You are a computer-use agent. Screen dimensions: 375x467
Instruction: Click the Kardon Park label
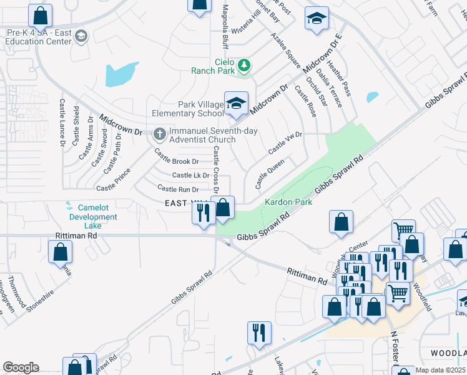pyautogui.click(x=288, y=202)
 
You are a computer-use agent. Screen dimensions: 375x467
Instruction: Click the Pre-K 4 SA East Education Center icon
pyautogui.click(x=81, y=37)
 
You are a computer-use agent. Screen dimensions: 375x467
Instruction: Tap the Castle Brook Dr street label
pyautogui.click(x=177, y=157)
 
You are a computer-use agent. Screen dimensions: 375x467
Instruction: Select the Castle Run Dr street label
pyautogui.click(x=178, y=189)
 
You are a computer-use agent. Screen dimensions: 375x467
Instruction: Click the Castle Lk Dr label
pyautogui.click(x=190, y=176)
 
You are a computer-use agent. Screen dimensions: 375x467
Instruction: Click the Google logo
pyautogui.click(x=21, y=367)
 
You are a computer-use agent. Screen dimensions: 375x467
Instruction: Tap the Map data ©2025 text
pyautogui.click(x=440, y=370)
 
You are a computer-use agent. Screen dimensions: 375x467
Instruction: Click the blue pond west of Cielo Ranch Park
pyautogui.click(x=122, y=74)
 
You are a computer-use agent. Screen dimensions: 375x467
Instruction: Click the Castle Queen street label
pyautogui.click(x=270, y=174)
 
